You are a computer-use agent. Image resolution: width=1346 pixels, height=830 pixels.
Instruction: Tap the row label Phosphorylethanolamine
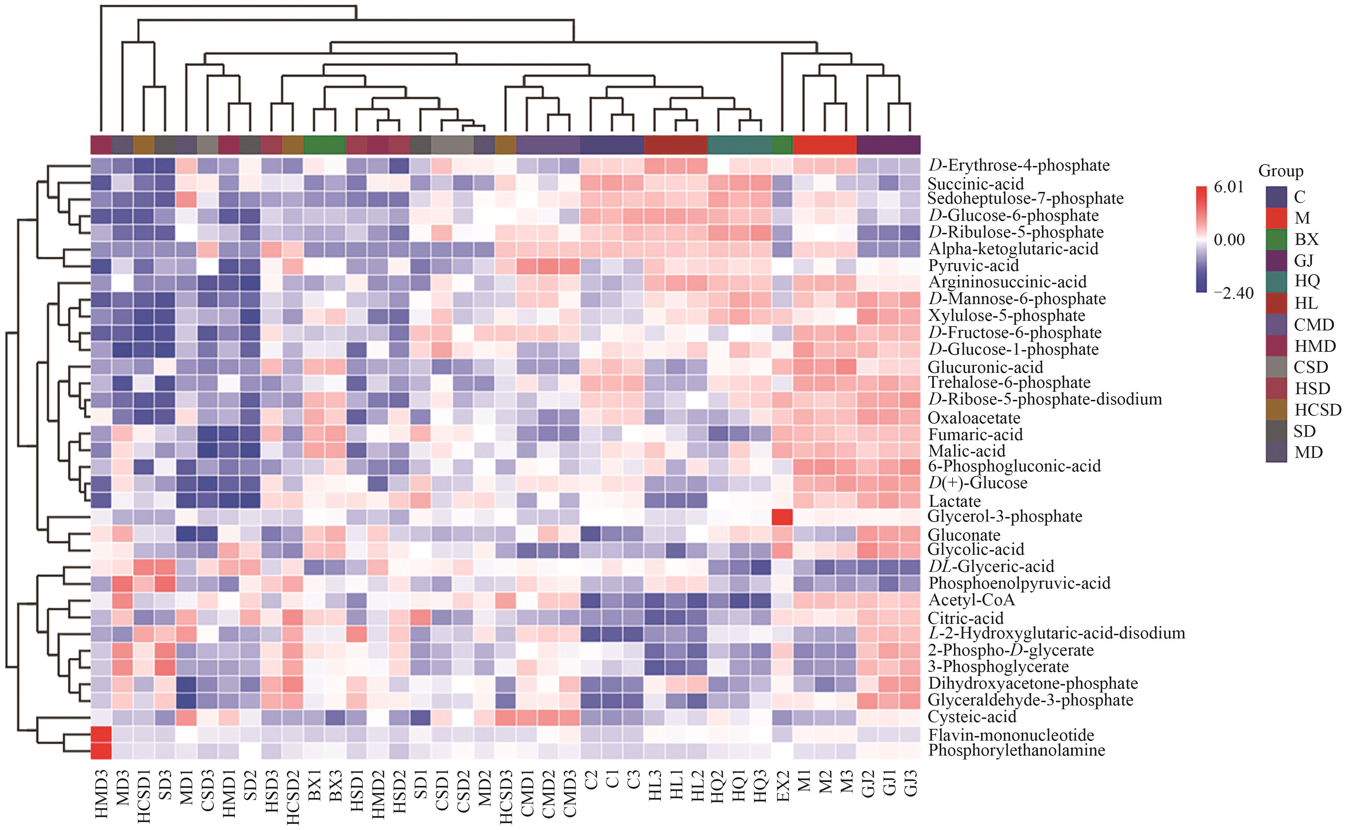pos(1016,750)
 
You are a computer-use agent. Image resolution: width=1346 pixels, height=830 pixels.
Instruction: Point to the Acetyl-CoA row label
pos(971,600)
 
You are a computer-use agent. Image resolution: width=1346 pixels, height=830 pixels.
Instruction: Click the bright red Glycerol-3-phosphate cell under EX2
pos(782,517)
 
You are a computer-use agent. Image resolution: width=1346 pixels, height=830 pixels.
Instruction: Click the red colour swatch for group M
pos(1276,218)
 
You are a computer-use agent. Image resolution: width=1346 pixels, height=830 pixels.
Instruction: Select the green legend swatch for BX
pos(1276,239)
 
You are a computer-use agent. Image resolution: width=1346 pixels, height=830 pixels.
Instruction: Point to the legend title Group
pos(1281,171)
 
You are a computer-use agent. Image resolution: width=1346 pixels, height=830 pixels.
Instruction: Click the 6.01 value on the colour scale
pos(1228,187)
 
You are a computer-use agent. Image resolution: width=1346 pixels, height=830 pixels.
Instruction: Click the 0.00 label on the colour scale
pos(1229,240)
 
